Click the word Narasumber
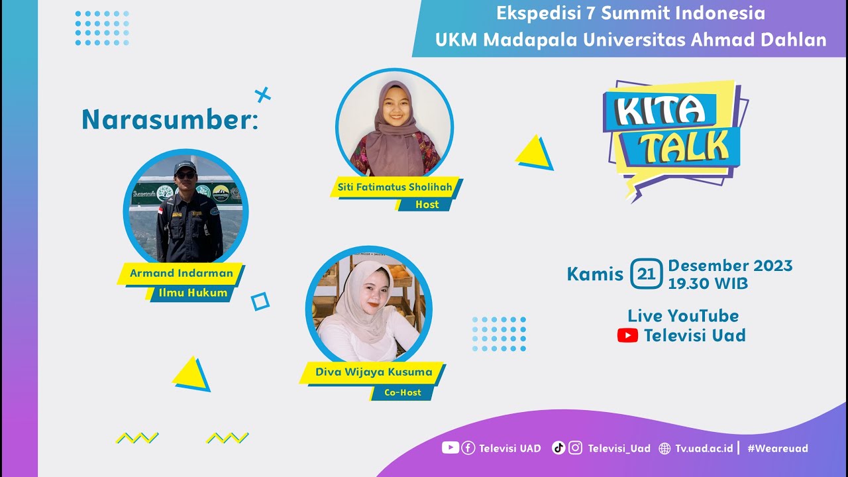(x=169, y=120)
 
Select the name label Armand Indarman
(x=181, y=273)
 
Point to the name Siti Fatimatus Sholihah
(x=395, y=187)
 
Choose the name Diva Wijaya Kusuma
(x=374, y=372)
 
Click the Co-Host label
(x=403, y=392)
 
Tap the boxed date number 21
(x=646, y=274)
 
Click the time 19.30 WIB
(x=708, y=284)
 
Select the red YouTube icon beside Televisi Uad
(x=627, y=336)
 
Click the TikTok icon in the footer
(x=558, y=448)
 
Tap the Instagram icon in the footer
(x=576, y=448)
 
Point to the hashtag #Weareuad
(x=778, y=449)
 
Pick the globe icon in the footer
(x=665, y=449)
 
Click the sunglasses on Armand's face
(x=185, y=175)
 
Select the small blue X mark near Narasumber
(x=263, y=95)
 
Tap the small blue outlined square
(x=260, y=301)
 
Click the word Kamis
(x=595, y=274)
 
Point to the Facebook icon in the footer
(x=468, y=448)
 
